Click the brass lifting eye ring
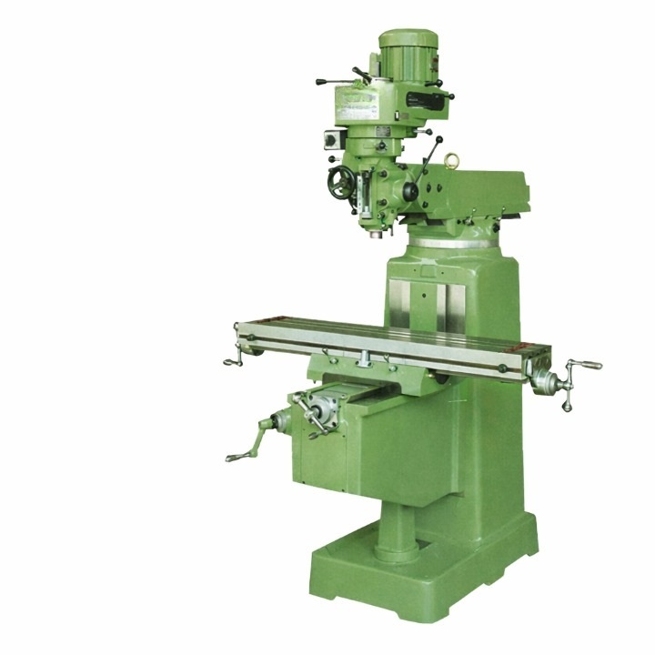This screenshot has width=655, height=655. click(x=449, y=160)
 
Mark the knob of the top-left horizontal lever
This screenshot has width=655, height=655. click(x=319, y=82)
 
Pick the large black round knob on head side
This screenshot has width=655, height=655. click(x=410, y=191)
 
